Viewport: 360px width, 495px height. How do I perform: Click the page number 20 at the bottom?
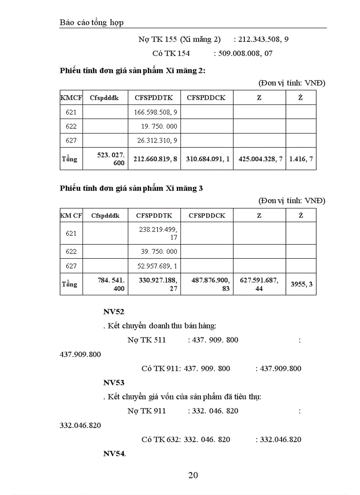tap(193, 475)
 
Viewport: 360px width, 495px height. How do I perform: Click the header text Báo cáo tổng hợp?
tap(91, 22)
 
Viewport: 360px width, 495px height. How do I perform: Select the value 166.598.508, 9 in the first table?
tap(155, 112)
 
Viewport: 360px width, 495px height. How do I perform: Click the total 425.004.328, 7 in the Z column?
tap(260, 159)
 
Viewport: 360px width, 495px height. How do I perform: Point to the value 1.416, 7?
tap(301, 159)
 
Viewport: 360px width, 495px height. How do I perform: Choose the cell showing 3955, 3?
tap(302, 284)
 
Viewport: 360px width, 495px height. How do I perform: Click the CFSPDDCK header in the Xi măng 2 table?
tap(206, 98)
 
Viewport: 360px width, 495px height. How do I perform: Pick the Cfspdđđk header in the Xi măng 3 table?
tap(105, 216)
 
